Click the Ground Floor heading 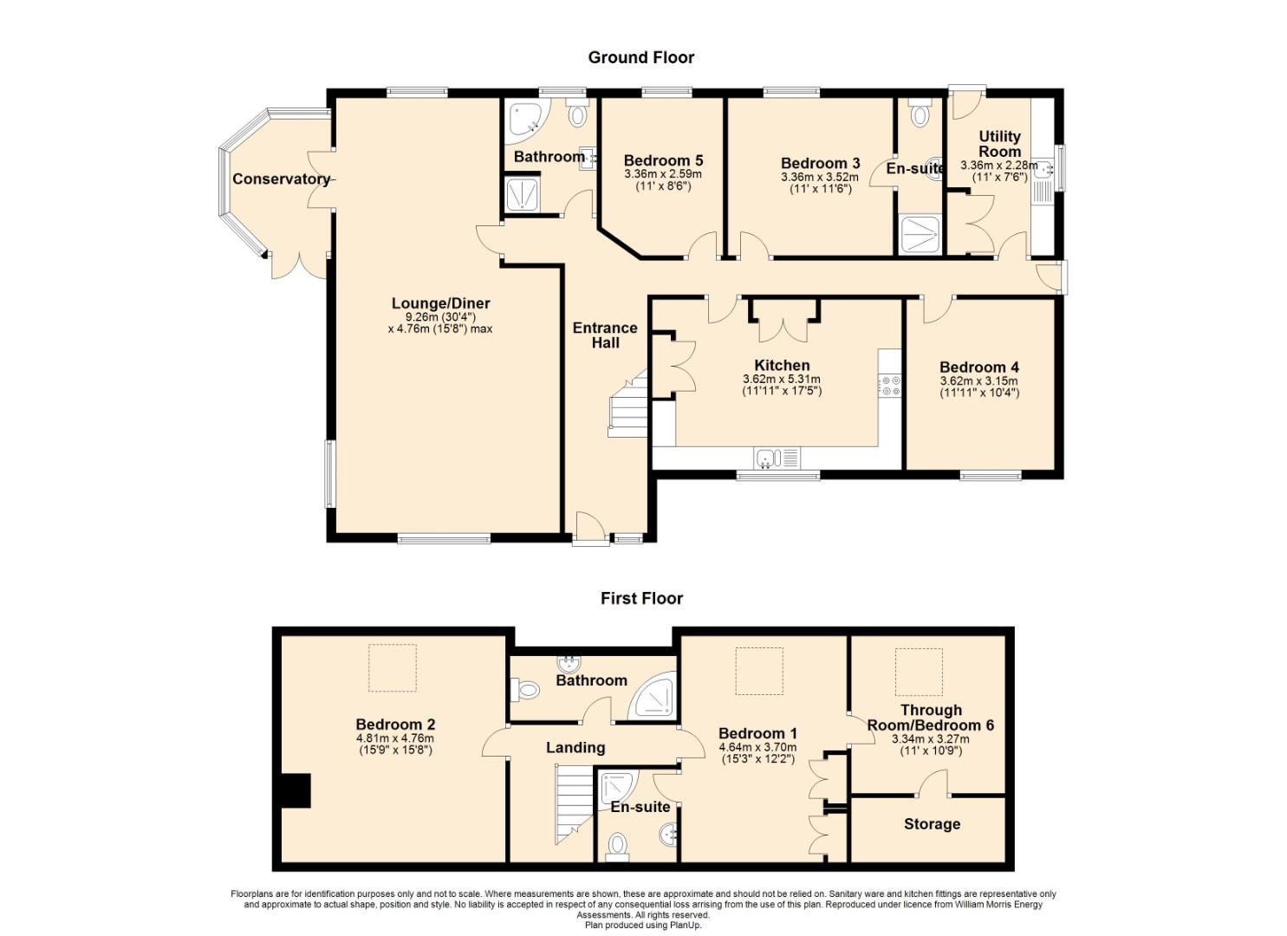coord(641,57)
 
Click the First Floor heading coord(642,599)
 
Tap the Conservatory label coord(281,179)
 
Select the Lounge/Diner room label coord(440,303)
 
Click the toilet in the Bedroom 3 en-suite coord(920,114)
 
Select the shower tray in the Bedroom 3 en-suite coord(920,234)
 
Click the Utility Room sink coord(1043,170)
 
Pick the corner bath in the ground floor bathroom coord(526,121)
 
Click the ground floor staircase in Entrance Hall coord(628,405)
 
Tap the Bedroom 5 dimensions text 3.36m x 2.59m coord(663,174)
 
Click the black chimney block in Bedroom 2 coord(296,790)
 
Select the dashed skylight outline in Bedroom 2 coord(393,667)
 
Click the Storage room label coord(932,824)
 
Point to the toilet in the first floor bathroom coord(524,690)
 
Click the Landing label coord(575,748)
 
